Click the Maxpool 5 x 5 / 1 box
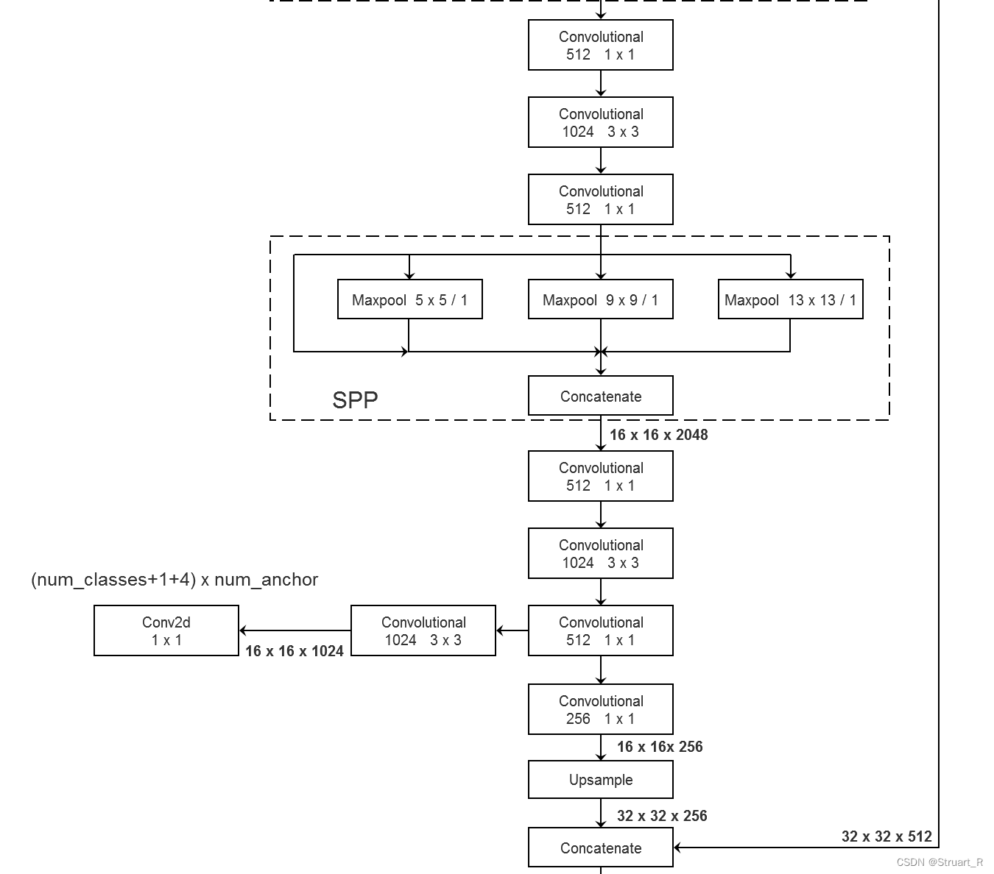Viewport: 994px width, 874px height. (409, 299)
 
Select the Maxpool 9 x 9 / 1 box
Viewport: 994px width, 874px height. (600, 299)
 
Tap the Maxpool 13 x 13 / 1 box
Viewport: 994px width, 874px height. (790, 299)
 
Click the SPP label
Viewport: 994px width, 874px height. (355, 400)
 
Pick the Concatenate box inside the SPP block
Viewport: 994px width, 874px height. (600, 397)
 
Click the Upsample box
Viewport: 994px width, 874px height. (600, 780)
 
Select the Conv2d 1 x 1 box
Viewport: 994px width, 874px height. (166, 631)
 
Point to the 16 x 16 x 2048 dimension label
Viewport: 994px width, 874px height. (658, 435)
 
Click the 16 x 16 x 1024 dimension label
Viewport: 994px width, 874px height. (294, 651)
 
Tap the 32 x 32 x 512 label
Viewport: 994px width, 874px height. (887, 836)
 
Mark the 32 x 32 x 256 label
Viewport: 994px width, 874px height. (662, 816)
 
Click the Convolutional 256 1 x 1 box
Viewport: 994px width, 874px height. (600, 710)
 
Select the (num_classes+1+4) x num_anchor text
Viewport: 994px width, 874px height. (175, 580)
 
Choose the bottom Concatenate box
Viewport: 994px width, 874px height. (600, 848)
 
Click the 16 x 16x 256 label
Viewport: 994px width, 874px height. (660, 747)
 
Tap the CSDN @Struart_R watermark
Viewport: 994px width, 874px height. (940, 862)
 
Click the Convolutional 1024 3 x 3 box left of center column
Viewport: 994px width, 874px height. (423, 631)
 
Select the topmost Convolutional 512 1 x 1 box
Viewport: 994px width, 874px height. (600, 46)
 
